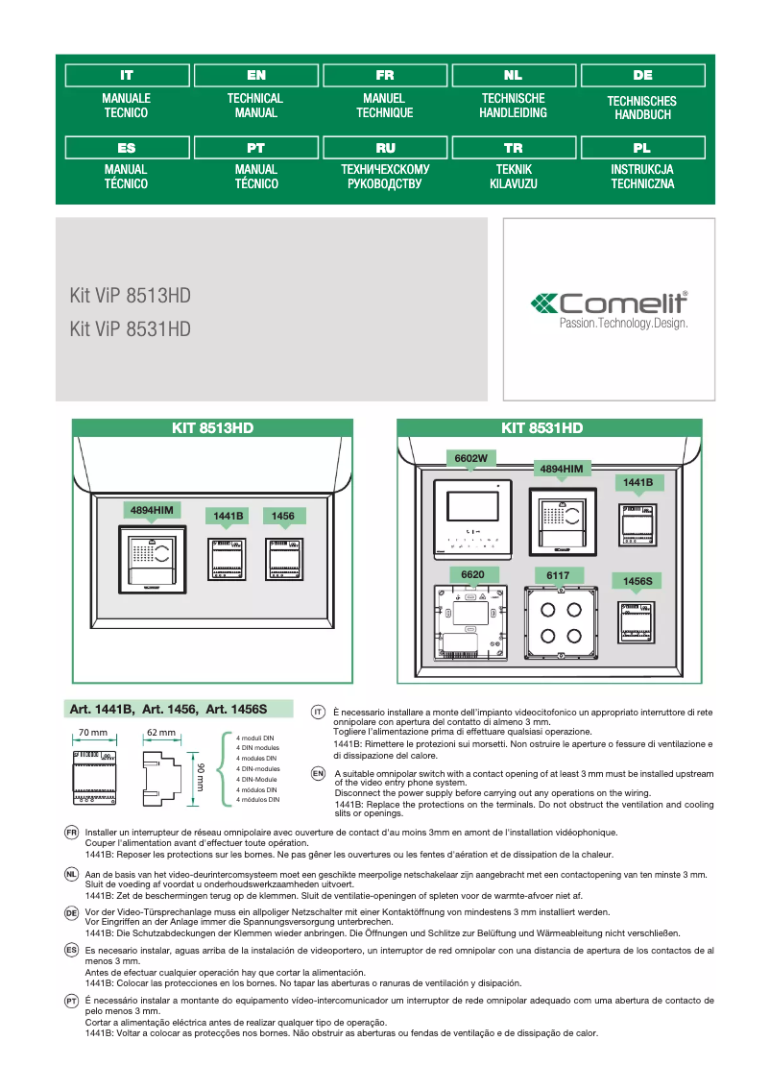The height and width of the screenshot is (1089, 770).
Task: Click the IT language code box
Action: pyautogui.click(x=127, y=75)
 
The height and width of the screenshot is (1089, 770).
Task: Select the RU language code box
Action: pyautogui.click(x=385, y=148)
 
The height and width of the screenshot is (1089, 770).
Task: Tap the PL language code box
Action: pyautogui.click(x=642, y=148)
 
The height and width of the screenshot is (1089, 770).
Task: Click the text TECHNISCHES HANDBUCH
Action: pyautogui.click(x=642, y=108)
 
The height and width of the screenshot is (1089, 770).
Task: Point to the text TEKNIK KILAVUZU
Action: pyautogui.click(x=514, y=176)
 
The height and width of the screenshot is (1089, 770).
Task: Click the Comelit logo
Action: pyautogui.click(x=610, y=309)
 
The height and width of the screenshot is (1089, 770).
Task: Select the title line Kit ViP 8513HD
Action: pyautogui.click(x=130, y=296)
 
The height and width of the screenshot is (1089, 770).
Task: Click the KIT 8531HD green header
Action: pyautogui.click(x=542, y=428)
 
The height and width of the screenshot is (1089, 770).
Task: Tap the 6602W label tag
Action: pyautogui.click(x=471, y=459)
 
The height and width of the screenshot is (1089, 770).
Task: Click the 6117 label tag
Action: pyautogui.click(x=558, y=575)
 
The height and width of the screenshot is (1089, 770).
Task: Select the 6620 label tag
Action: pyautogui.click(x=471, y=574)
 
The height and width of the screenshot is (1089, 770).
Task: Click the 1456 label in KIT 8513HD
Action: pyautogui.click(x=283, y=517)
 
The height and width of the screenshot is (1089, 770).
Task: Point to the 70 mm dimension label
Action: pyautogui.click(x=93, y=733)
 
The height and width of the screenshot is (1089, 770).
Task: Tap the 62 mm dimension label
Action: pyautogui.click(x=160, y=733)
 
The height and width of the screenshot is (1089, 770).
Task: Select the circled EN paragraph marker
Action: pyautogui.click(x=319, y=772)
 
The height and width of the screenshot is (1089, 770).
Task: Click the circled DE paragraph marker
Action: pyautogui.click(x=71, y=912)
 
